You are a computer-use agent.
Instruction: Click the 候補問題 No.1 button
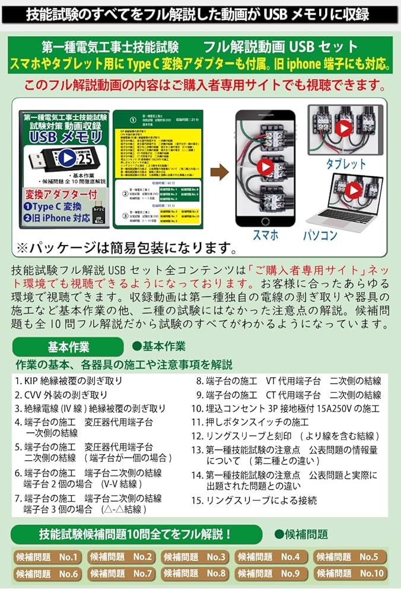[47, 557]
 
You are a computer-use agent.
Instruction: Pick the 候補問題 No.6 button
[47, 573]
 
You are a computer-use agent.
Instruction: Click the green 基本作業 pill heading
[68, 347]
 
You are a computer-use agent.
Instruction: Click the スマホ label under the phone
[265, 235]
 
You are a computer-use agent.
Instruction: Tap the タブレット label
[346, 163]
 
